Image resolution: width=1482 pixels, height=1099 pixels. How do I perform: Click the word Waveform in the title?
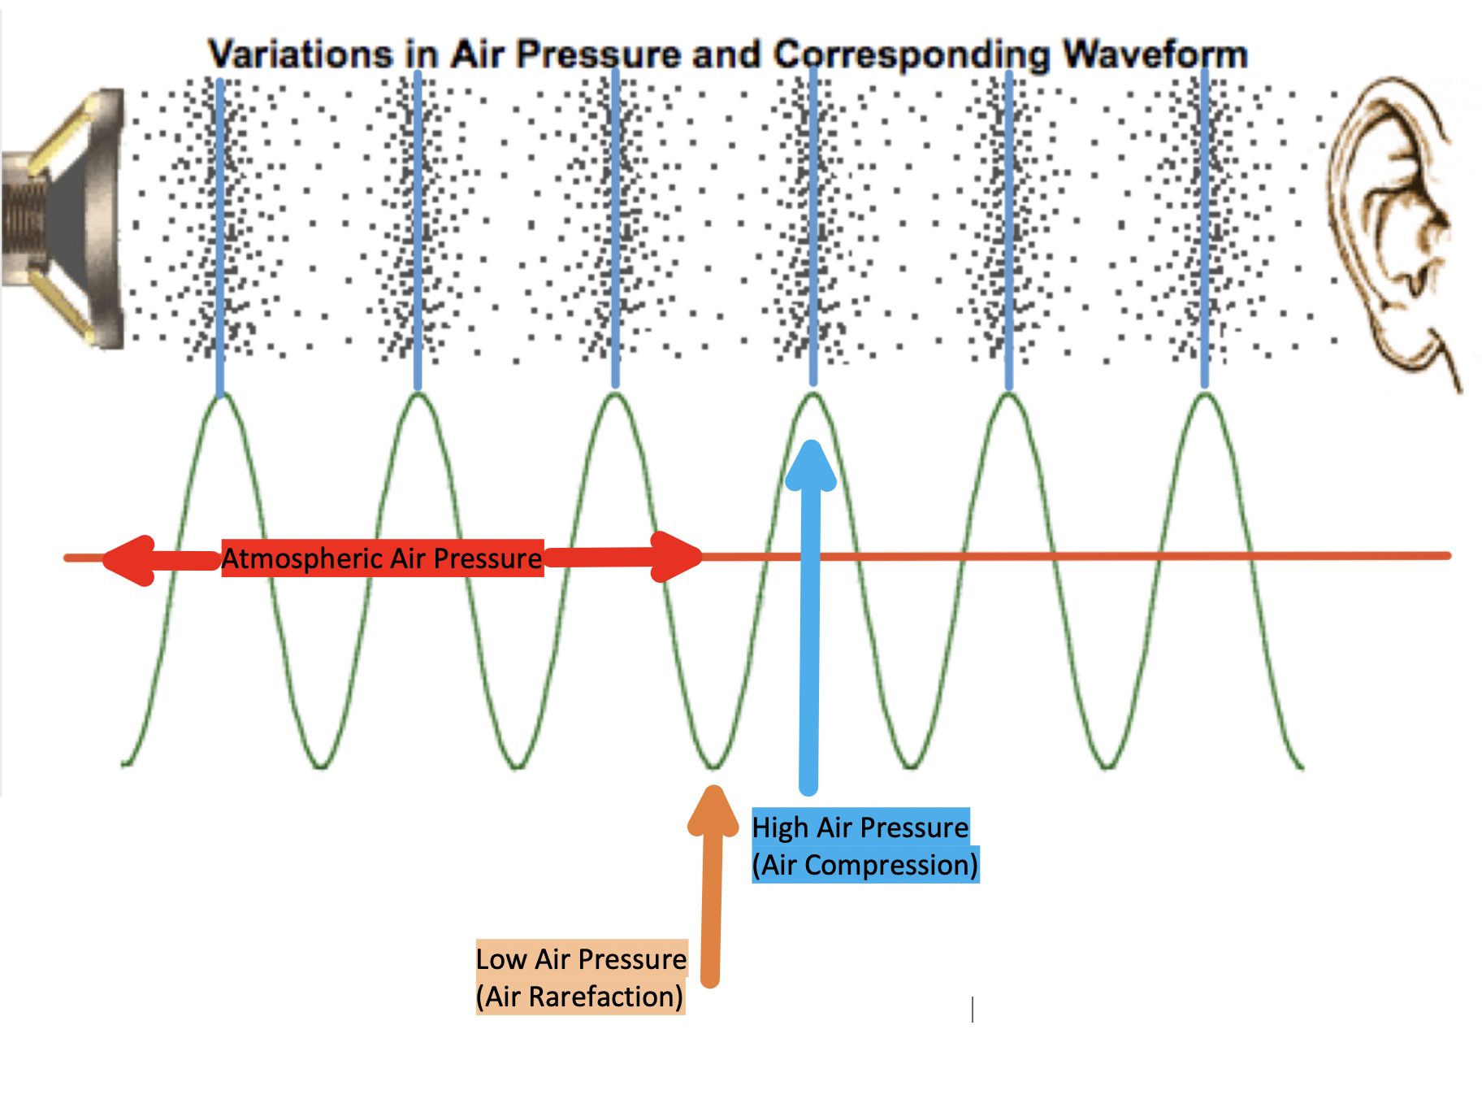(x=1155, y=55)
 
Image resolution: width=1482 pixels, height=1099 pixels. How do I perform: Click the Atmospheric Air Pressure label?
(x=382, y=558)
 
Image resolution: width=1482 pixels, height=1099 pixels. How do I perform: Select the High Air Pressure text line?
(x=860, y=827)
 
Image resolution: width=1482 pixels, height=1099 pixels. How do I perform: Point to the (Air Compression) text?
(x=864, y=864)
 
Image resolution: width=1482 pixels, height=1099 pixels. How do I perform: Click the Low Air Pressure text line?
(x=581, y=958)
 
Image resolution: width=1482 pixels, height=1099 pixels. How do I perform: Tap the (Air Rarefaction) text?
(x=579, y=996)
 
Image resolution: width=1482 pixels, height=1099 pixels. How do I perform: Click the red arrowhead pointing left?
(x=130, y=560)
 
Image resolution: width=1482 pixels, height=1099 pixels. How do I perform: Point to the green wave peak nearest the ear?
(x=1206, y=396)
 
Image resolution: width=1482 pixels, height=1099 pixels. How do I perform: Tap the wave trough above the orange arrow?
(x=714, y=766)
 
